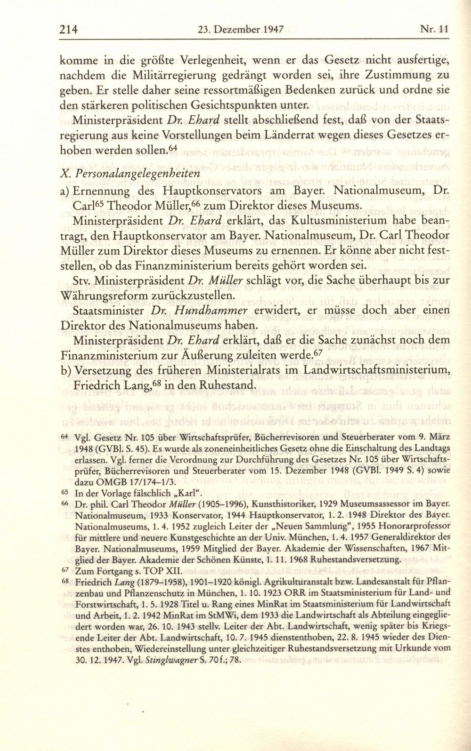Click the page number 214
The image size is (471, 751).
[x=68, y=29]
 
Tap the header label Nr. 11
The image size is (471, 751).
[x=433, y=29]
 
